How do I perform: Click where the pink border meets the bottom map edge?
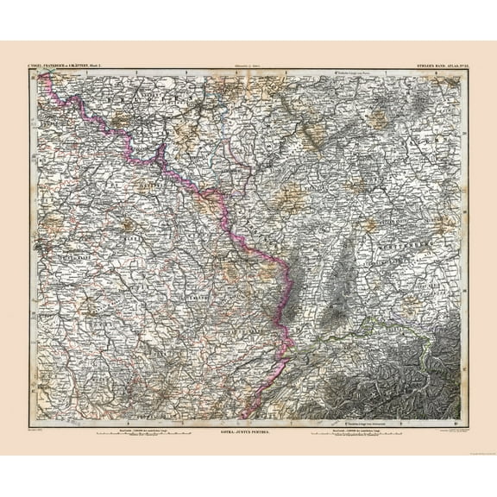244,418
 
